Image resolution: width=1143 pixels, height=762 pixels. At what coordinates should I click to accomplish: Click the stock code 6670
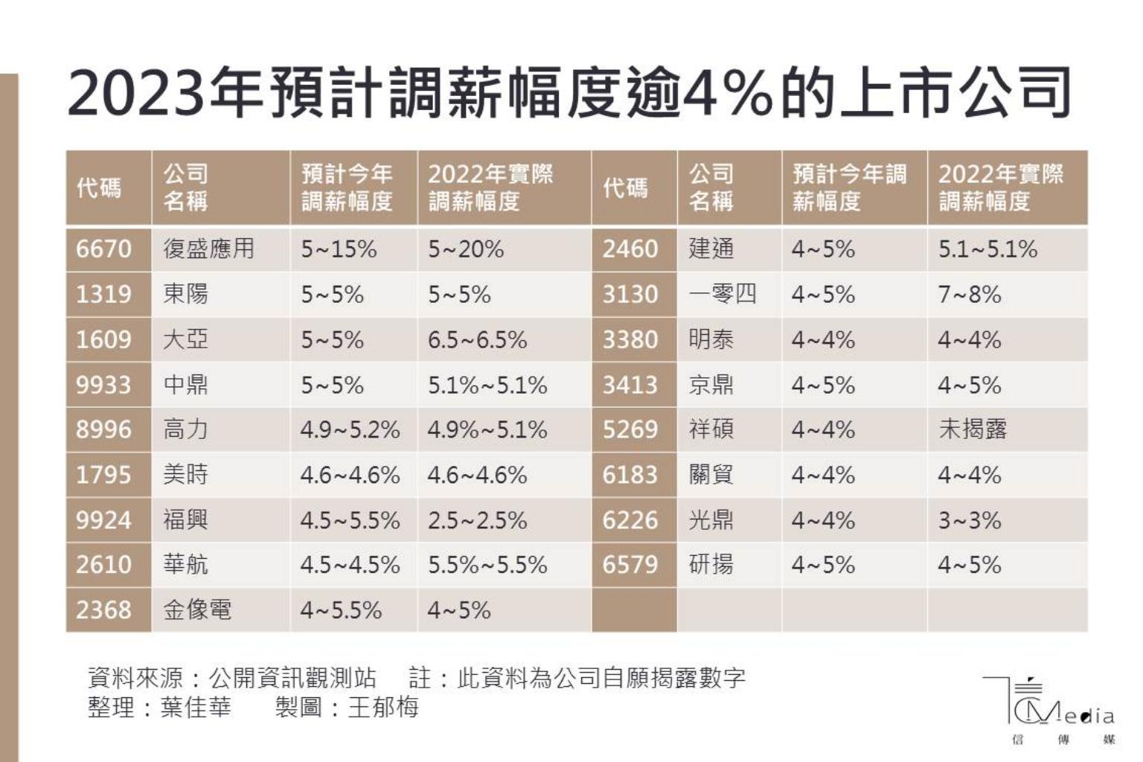point(103,249)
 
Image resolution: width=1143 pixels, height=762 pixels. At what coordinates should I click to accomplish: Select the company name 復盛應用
point(208,249)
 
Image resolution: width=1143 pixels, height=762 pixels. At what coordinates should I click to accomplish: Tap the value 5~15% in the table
point(339,249)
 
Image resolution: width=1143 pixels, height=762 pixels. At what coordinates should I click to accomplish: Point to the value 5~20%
point(466,249)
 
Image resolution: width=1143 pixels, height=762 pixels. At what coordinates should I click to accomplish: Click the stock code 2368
point(103,610)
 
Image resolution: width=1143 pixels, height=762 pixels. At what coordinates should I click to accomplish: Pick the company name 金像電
point(197,610)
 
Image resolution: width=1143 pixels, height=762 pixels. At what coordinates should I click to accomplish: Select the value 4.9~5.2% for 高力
point(350,429)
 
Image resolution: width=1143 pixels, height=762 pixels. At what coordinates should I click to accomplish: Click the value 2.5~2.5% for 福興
point(477,520)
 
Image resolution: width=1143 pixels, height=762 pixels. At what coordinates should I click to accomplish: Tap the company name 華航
point(186,565)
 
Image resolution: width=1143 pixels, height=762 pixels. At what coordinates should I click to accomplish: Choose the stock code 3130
point(630,294)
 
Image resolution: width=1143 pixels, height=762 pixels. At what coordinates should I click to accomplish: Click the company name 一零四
point(723,294)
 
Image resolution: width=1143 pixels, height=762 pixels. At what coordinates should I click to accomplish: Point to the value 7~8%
point(969,294)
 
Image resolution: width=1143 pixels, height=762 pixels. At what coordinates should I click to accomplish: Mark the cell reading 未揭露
point(972,429)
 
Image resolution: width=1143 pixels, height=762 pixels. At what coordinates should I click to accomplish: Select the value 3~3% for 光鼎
point(969,520)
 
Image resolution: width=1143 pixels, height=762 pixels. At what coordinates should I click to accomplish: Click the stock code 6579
point(630,565)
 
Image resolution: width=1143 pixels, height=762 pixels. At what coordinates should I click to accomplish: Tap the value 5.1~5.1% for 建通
point(987,249)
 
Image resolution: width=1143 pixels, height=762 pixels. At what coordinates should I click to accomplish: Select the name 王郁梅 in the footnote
point(383,706)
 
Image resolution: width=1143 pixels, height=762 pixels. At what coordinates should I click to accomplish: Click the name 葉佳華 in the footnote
point(196,706)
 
